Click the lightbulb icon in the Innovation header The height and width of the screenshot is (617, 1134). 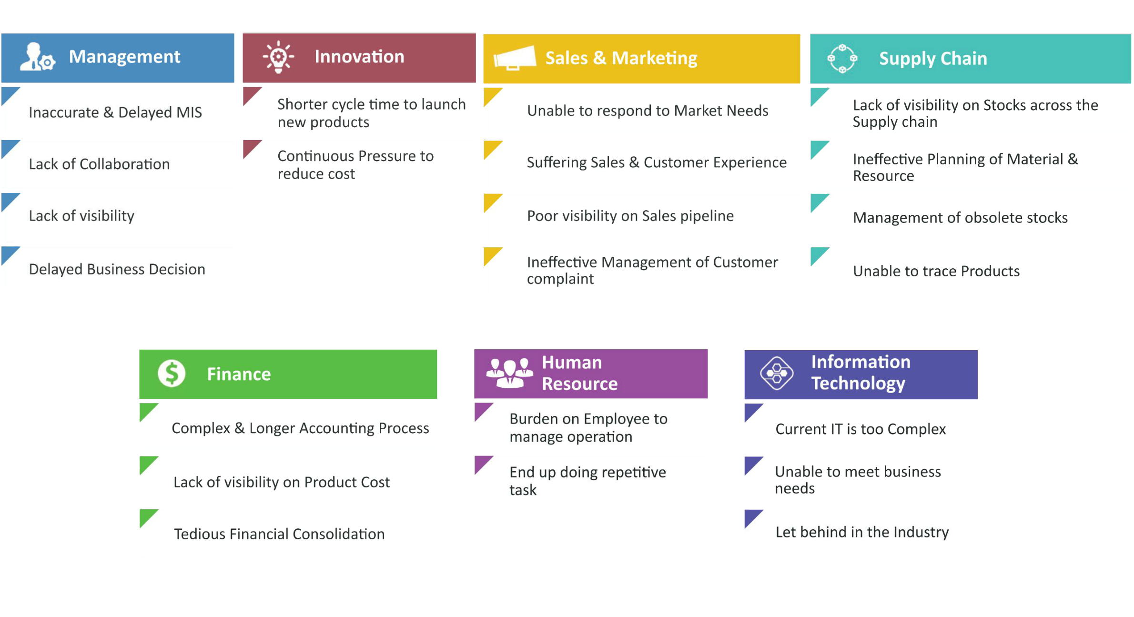[x=278, y=57]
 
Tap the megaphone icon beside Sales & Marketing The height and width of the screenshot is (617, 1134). [x=515, y=58]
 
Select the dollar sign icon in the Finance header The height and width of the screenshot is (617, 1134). [x=172, y=373]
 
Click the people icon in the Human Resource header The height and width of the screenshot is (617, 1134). [x=510, y=373]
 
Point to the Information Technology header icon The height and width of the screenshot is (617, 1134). [x=777, y=374]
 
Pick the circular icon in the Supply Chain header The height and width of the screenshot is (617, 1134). [x=842, y=59]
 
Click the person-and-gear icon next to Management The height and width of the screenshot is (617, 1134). [x=38, y=57]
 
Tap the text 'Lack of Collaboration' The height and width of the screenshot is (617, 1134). [x=99, y=164]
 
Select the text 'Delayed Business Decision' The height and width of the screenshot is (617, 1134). [x=117, y=269]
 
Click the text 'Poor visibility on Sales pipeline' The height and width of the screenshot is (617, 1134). [x=630, y=216]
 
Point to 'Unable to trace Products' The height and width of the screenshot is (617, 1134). [x=936, y=271]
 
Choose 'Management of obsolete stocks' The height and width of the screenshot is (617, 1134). [x=960, y=218]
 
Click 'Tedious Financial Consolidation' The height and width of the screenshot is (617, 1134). [x=279, y=534]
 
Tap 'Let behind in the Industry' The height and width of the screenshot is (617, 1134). [x=862, y=532]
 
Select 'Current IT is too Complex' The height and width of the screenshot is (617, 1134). [x=861, y=429]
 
